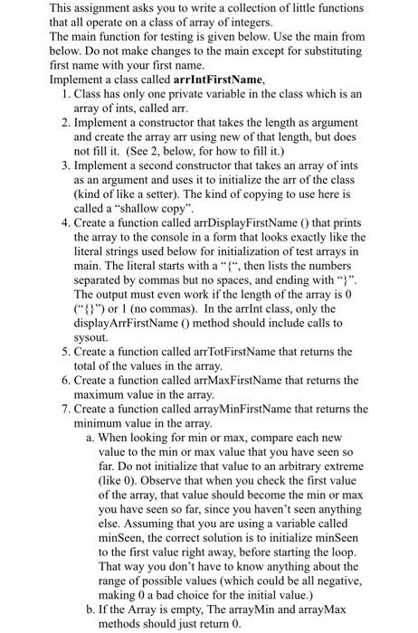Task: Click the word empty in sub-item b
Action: (186, 609)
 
